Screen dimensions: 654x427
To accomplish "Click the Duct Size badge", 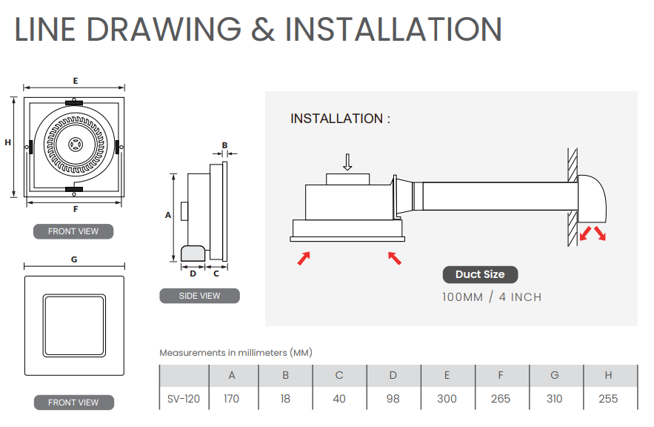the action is pos(480,274).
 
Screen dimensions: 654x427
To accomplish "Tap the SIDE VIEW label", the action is pos(199,296).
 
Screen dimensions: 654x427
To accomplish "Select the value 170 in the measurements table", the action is pos(232,399).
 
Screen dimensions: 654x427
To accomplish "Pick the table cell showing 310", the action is pos(554,399).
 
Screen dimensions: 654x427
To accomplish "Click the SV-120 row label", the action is pos(184,399).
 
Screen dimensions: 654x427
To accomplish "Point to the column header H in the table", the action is pos(608,375).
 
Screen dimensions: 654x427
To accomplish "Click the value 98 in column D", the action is pos(393,399).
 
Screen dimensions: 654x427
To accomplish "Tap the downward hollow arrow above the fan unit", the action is pos(347,162).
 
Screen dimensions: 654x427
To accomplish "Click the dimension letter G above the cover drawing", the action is pos(74,259).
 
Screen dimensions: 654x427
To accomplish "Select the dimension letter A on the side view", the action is pos(168,215).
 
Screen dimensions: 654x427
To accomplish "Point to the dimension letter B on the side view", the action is pos(224,145).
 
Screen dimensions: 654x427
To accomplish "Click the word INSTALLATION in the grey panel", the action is pos(336,119).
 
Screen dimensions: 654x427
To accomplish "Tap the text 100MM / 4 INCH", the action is pos(493,297).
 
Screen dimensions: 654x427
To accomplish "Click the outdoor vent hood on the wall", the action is pos(592,199).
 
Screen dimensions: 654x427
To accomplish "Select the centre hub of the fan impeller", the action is pos(76,145).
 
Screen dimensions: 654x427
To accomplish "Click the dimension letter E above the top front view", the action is pos(76,81).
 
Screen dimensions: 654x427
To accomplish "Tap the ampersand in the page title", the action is pos(263,29).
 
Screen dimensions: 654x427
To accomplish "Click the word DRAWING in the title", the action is pos(164,29).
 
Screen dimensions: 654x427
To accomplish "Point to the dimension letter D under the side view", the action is pos(193,274).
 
